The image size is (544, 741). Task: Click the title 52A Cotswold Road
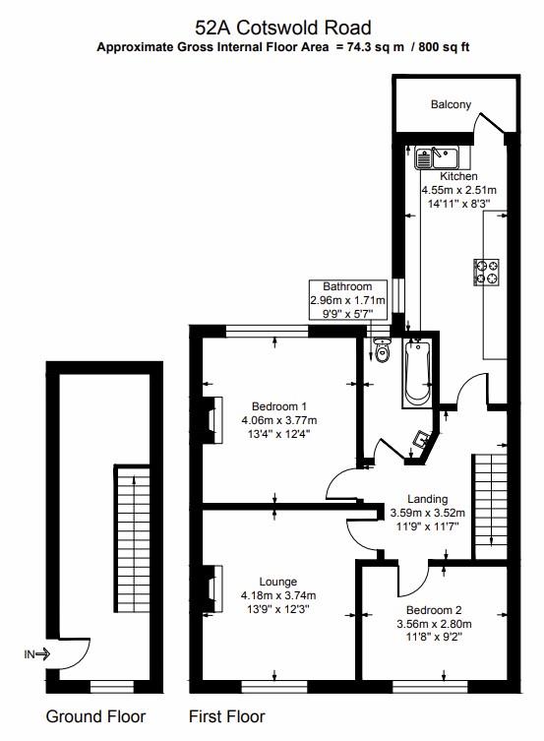(283, 27)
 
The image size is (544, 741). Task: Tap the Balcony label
(451, 104)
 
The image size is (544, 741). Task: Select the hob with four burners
(487, 272)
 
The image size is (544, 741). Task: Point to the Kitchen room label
(458, 176)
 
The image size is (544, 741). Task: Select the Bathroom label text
(348, 286)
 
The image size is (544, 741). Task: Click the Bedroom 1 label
(279, 406)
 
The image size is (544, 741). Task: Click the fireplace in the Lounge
(211, 588)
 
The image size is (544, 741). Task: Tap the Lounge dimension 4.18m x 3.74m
(278, 594)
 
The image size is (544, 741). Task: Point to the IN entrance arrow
(38, 652)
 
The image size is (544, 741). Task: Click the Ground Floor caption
(95, 716)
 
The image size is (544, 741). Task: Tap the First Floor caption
(226, 716)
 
